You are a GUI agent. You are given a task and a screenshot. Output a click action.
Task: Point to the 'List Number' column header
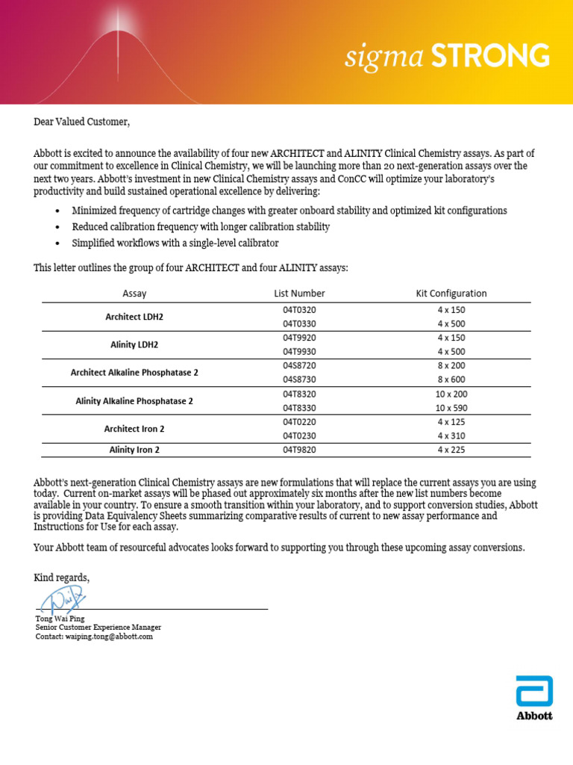(299, 294)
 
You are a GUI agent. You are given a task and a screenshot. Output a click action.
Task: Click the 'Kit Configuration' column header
(451, 294)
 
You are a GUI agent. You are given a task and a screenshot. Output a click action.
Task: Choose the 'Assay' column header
(134, 294)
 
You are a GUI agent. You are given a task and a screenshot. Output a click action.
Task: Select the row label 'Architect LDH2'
(134, 317)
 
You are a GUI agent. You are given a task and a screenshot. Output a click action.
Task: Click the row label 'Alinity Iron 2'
(134, 450)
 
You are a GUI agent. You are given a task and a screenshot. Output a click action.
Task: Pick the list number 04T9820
(299, 450)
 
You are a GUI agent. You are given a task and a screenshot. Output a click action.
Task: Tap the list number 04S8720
(299, 365)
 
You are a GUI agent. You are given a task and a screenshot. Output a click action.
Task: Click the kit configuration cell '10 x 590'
(451, 408)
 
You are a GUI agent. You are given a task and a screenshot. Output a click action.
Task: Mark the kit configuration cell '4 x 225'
(451, 450)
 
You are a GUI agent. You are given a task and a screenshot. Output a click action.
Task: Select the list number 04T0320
(299, 309)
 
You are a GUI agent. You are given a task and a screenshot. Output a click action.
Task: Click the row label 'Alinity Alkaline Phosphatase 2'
(134, 401)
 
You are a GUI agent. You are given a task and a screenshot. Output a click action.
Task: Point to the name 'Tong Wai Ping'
(60, 619)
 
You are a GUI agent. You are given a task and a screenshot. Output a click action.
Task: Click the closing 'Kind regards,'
(62, 577)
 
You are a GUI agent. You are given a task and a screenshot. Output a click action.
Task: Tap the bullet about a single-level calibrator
(176, 243)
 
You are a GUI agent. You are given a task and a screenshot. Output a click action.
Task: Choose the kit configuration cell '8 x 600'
(451, 380)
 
